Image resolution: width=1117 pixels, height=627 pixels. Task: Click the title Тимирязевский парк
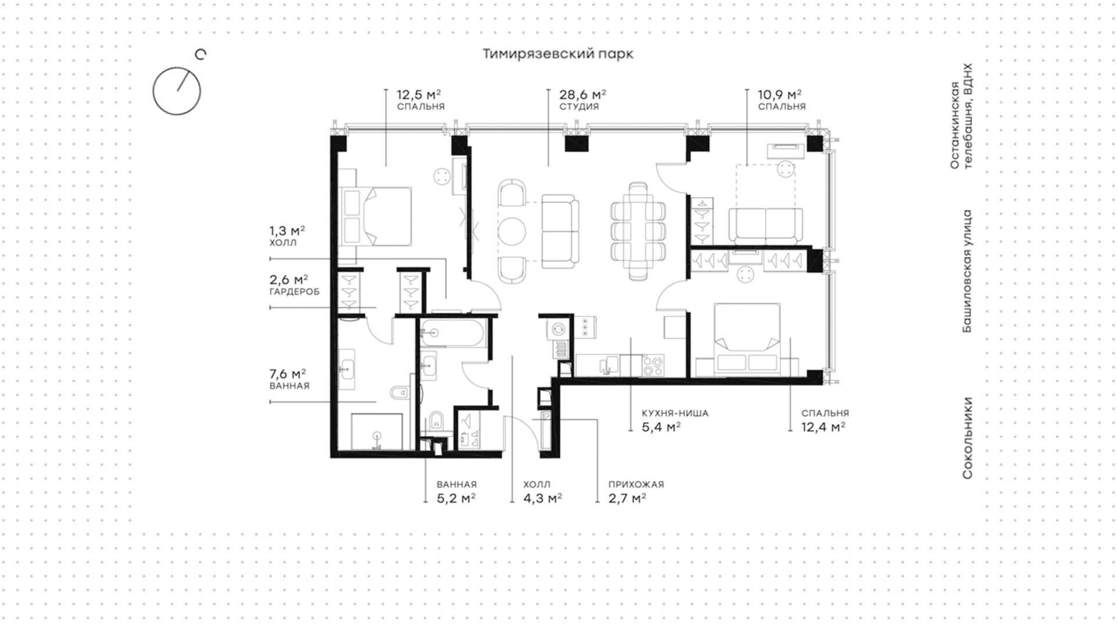pyautogui.click(x=558, y=54)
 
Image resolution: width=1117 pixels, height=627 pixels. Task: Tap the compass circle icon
pyautogui.click(x=177, y=91)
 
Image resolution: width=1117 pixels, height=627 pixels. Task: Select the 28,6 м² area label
pyautogui.click(x=582, y=94)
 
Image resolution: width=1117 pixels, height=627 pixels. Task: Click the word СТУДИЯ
pyautogui.click(x=579, y=107)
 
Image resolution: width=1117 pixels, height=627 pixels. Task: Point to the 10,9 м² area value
pyautogui.click(x=780, y=94)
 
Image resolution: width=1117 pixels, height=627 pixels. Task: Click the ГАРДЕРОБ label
pyautogui.click(x=294, y=292)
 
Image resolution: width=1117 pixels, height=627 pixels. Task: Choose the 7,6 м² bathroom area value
pyautogui.click(x=287, y=373)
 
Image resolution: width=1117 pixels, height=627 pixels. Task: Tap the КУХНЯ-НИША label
pyautogui.click(x=675, y=414)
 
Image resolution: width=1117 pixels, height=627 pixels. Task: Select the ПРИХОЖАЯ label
pyautogui.click(x=636, y=484)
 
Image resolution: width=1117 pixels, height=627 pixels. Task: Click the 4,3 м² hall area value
pyautogui.click(x=542, y=498)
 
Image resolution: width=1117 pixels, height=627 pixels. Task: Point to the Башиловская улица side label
pyautogui.click(x=967, y=271)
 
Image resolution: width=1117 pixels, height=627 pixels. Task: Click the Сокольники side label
pyautogui.click(x=967, y=438)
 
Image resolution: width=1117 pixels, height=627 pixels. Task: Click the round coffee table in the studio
pyautogui.click(x=512, y=231)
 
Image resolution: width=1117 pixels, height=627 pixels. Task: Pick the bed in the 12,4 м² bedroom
pyautogui.click(x=747, y=337)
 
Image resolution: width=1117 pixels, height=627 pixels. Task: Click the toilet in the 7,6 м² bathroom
pyautogui.click(x=400, y=394)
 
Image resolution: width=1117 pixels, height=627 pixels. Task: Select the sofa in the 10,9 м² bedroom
pyautogui.click(x=766, y=226)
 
